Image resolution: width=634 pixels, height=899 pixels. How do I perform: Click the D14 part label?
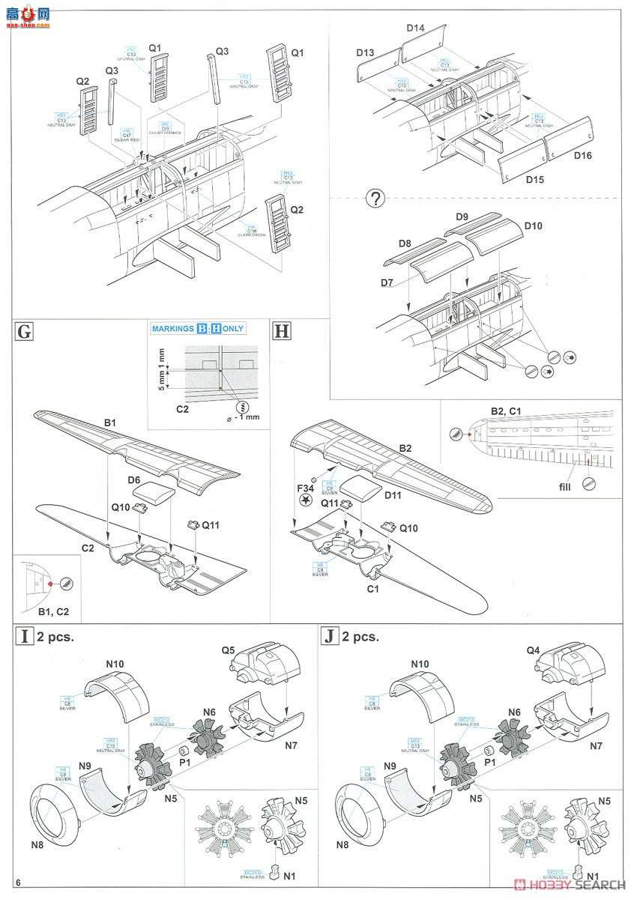pyautogui.click(x=416, y=28)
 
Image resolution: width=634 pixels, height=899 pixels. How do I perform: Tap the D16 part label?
pyautogui.click(x=583, y=156)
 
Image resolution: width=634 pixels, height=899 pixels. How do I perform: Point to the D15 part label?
pyautogui.click(x=513, y=179)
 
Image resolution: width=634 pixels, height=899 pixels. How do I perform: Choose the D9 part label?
pyautogui.click(x=462, y=217)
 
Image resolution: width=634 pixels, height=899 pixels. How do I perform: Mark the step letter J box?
pyautogui.click(x=328, y=637)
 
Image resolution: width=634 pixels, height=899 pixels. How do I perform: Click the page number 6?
pyautogui.click(x=27, y=882)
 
